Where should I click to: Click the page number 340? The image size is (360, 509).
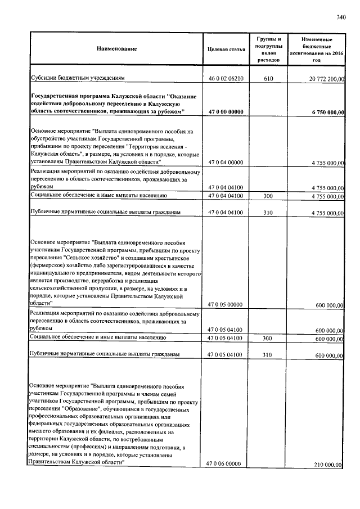340,17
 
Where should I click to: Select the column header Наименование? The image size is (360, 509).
116,49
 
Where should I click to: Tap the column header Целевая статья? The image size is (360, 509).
226,49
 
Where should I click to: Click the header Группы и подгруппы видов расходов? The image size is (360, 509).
269,49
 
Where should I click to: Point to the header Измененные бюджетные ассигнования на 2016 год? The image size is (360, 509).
317,49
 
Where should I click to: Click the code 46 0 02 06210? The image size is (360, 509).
226,79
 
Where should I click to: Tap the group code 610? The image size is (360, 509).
268,79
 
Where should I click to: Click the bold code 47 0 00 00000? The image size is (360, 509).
226,112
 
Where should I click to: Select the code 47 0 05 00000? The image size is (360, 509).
225,304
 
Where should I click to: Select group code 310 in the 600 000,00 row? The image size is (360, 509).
268,355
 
